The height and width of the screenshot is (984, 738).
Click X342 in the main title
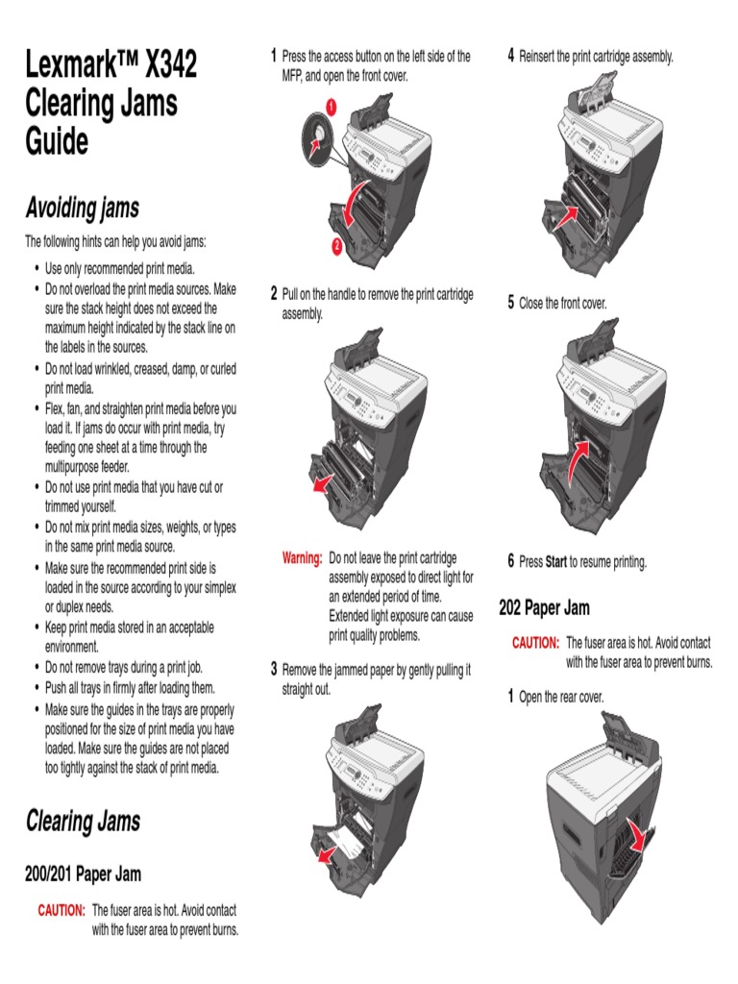click(x=171, y=63)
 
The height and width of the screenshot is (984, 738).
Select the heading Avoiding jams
click(x=83, y=208)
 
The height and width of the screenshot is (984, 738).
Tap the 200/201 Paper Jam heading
click(x=83, y=873)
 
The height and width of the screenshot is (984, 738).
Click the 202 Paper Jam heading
click(x=544, y=607)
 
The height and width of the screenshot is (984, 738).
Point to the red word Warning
click(x=302, y=558)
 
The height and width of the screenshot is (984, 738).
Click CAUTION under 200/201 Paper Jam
click(x=61, y=910)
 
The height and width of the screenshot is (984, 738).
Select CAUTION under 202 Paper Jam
click(x=535, y=643)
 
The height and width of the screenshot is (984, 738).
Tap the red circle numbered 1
click(x=331, y=107)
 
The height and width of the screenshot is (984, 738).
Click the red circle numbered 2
click(x=337, y=245)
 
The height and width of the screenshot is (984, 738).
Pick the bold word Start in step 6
click(x=556, y=561)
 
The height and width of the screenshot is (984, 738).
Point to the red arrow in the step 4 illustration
click(x=567, y=217)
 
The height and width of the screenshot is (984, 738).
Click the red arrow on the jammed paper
click(x=327, y=854)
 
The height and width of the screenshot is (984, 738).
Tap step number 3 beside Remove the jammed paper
click(x=274, y=670)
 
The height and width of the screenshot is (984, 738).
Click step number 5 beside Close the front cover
click(x=511, y=303)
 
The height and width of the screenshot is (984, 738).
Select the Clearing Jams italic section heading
click(x=83, y=821)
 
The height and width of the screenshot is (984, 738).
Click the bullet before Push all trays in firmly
click(x=37, y=688)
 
